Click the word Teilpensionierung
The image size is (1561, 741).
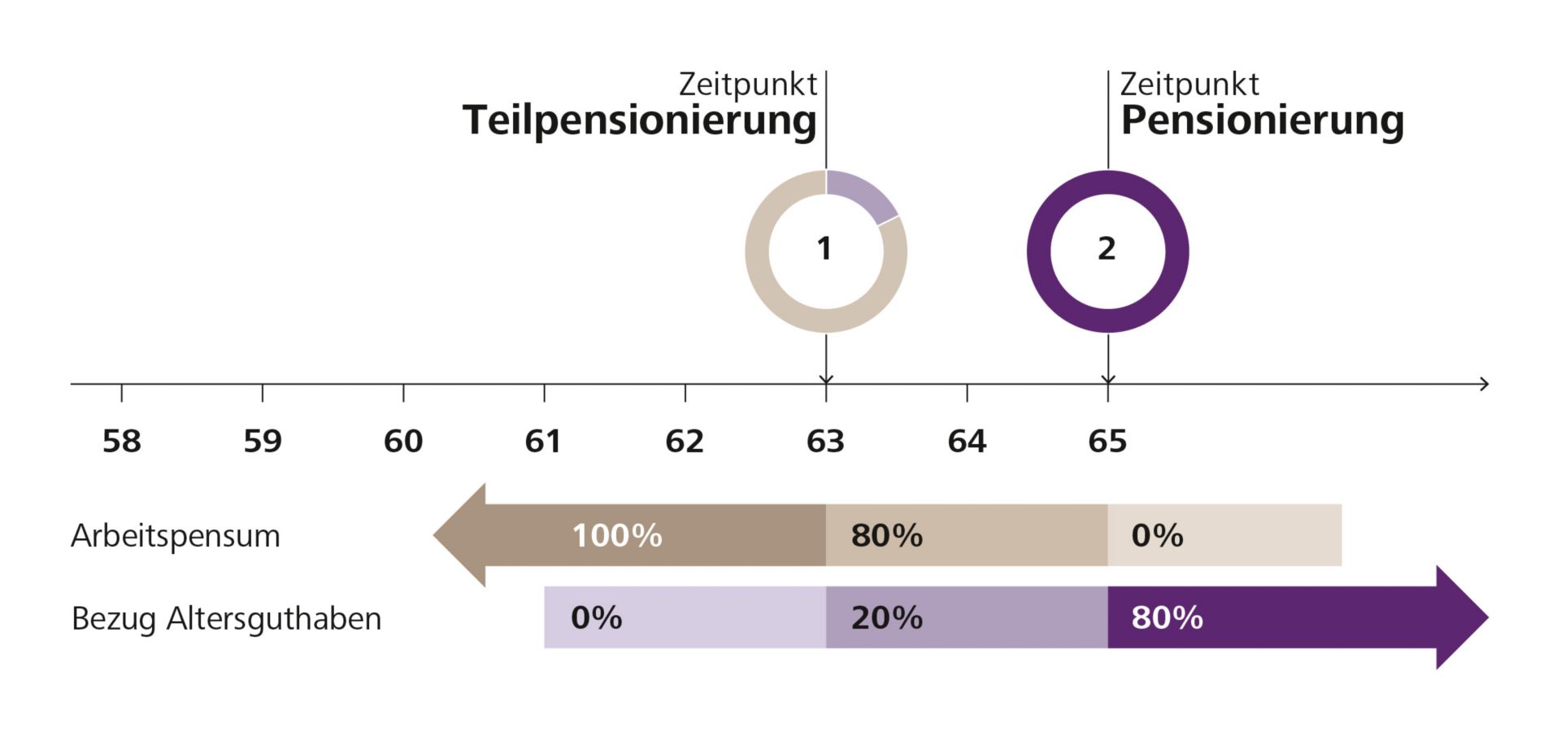(x=639, y=120)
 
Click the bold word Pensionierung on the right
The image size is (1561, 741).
(x=1262, y=120)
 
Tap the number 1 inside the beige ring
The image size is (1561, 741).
(x=824, y=249)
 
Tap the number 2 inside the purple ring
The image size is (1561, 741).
(x=1107, y=249)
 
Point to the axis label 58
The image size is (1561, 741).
(x=122, y=441)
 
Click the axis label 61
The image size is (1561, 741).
(x=543, y=441)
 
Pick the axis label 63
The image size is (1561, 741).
(x=825, y=441)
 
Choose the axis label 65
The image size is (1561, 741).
(x=1107, y=441)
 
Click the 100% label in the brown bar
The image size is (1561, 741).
(x=617, y=535)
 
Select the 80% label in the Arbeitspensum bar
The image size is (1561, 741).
(x=887, y=535)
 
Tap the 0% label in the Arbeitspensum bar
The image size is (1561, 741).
(x=1157, y=535)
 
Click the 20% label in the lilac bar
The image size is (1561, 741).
(x=887, y=618)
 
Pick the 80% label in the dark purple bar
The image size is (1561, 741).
(x=1167, y=618)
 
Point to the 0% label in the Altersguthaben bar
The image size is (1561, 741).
(x=596, y=618)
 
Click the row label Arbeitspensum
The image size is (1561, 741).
(x=176, y=536)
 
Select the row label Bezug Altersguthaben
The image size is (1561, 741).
(x=226, y=619)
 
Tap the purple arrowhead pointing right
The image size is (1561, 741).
(x=1459, y=617)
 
